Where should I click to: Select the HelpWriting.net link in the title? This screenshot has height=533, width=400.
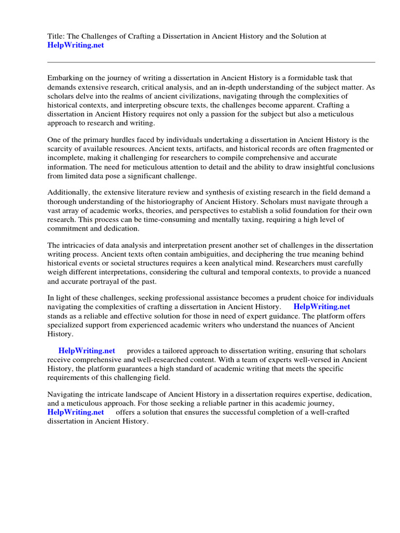pyautogui.click(x=76, y=45)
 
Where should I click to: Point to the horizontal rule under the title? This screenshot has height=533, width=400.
pyautogui.click(x=211, y=62)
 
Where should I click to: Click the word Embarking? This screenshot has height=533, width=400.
pyautogui.click(x=65, y=78)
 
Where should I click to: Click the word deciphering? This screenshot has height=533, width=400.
pyautogui.click(x=260, y=255)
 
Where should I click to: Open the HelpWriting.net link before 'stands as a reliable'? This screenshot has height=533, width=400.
pyautogui.click(x=322, y=307)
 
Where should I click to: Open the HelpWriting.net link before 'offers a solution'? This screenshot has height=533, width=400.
pyautogui.click(x=76, y=412)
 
